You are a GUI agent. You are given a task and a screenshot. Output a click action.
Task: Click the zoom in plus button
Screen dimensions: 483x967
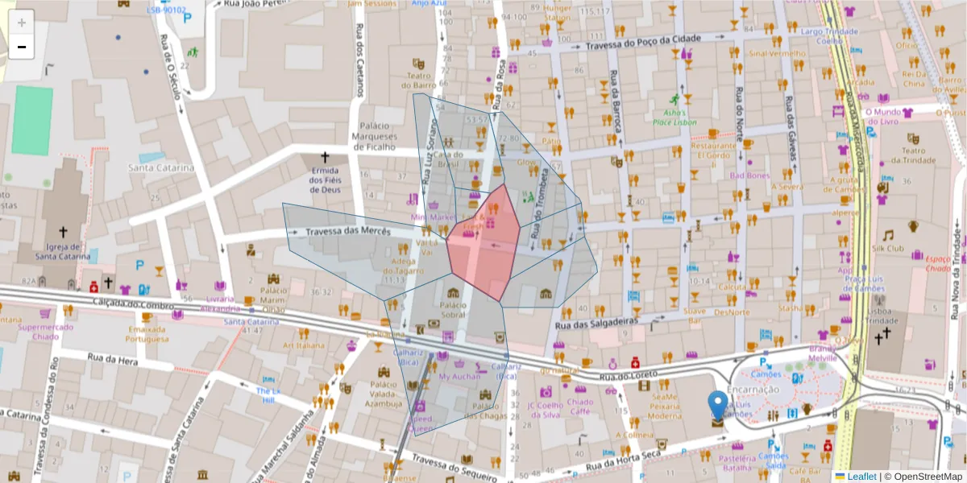click(x=22, y=23)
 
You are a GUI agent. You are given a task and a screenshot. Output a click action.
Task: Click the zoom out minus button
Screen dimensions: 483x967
click(x=22, y=47)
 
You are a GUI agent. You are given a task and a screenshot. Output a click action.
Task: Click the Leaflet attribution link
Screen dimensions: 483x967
click(x=861, y=477)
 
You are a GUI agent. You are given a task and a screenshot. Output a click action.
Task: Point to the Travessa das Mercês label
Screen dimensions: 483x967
click(x=348, y=232)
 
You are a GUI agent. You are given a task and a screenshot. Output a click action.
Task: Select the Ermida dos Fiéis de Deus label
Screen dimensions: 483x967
click(x=326, y=180)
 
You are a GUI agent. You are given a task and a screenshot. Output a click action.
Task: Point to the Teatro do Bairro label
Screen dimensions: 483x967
click(x=418, y=80)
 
